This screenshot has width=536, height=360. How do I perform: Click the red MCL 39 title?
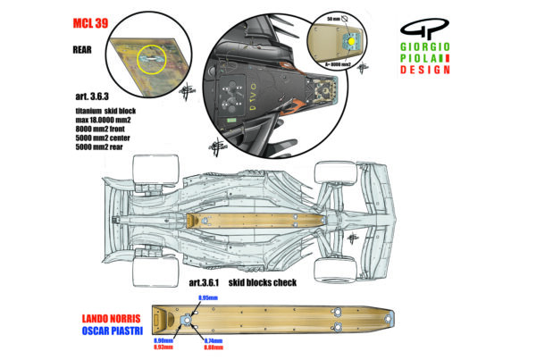tap(88, 24)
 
